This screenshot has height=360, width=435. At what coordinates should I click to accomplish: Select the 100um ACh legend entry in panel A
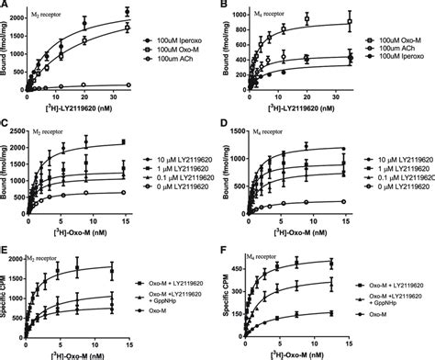174,61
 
